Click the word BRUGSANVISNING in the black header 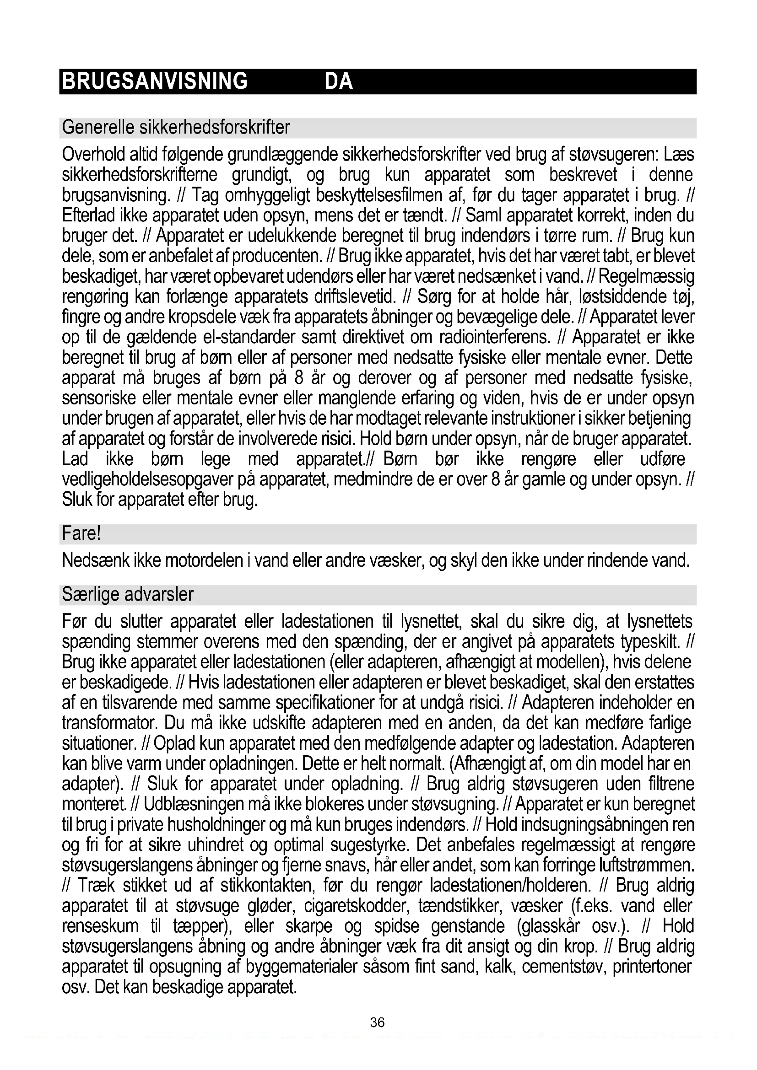(x=155, y=81)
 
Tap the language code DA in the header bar (x=338, y=81)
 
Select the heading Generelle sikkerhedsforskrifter (x=176, y=127)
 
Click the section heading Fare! (x=81, y=533)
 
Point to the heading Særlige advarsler (x=127, y=595)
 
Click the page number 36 (x=377, y=1022)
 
